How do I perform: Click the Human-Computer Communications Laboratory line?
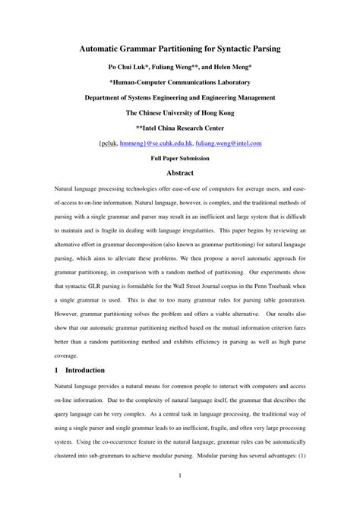tap(180, 83)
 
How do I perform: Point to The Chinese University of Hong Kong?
tap(180, 112)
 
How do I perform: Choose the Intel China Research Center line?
tap(180, 128)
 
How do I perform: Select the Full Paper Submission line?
tap(180, 158)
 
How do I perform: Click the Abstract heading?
tap(180, 172)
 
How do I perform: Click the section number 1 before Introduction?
tap(58, 370)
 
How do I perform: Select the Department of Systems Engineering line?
tap(180, 97)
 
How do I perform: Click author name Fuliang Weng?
tap(177, 67)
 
